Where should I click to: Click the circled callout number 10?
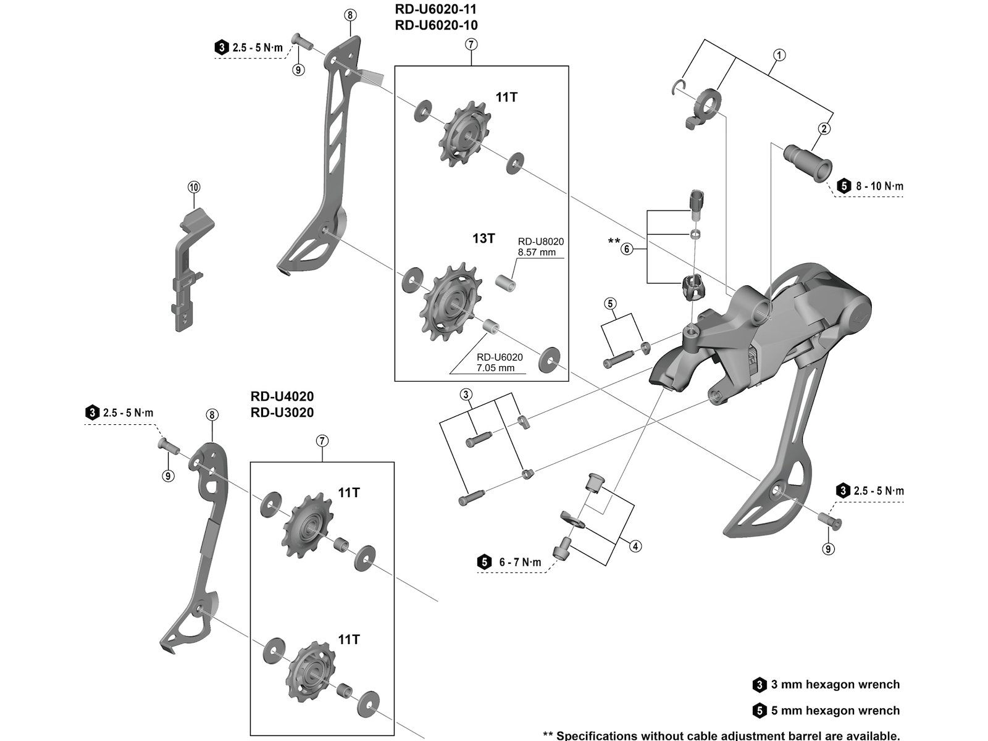195,186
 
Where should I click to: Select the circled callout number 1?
779,55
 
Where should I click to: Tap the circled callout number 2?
824,129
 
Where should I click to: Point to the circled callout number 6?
627,249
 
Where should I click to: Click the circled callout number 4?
635,546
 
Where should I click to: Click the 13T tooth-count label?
484,238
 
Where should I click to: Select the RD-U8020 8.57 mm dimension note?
537,246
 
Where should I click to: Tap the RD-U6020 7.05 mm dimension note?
500,362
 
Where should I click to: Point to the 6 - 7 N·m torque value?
519,562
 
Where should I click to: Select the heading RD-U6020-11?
436,10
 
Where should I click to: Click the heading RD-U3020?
282,412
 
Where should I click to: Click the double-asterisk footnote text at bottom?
721,735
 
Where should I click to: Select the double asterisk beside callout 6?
614,241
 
